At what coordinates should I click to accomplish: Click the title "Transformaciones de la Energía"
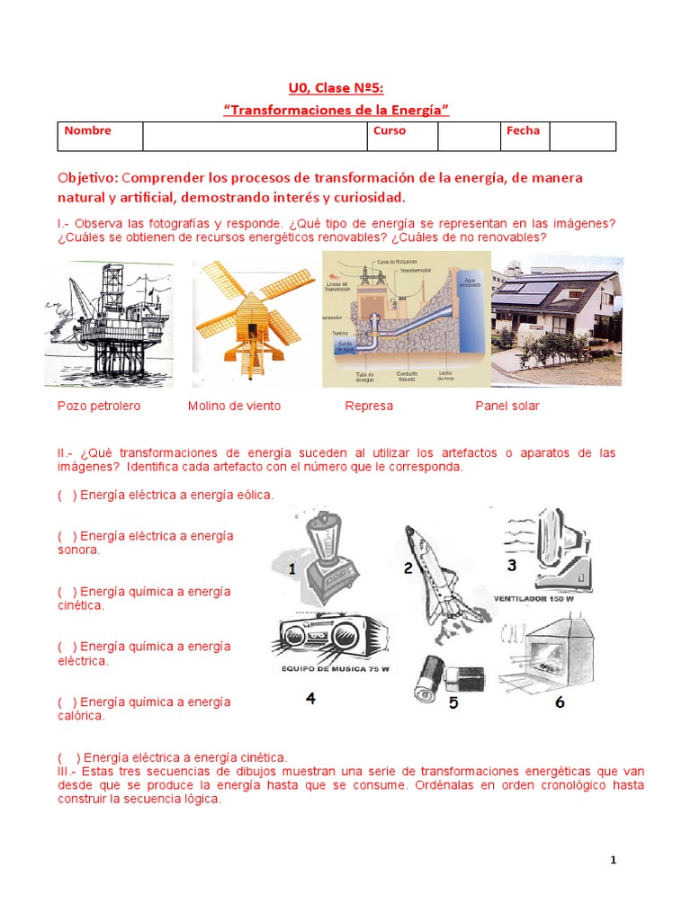click(x=336, y=110)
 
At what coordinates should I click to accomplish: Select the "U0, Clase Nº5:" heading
click(x=336, y=87)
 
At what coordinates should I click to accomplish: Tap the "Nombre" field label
click(x=88, y=131)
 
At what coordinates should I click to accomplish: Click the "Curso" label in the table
click(x=389, y=131)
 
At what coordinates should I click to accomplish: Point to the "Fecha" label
click(x=523, y=131)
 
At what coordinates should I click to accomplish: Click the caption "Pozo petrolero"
click(x=99, y=406)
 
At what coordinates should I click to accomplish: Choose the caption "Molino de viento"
click(x=234, y=406)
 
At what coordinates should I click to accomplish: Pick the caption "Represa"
click(x=369, y=406)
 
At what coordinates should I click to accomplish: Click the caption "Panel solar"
click(x=507, y=406)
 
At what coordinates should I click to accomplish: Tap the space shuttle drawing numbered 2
click(x=435, y=576)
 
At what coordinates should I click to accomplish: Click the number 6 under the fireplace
click(x=560, y=702)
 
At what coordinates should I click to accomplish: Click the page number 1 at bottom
click(x=614, y=861)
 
